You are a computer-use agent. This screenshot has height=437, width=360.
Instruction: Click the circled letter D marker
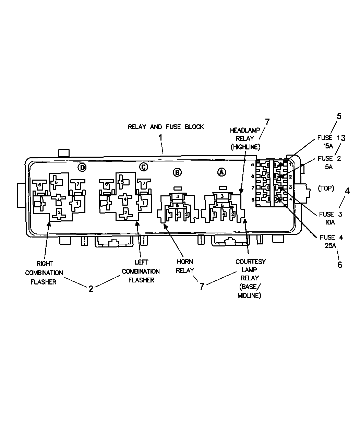coord(82,167)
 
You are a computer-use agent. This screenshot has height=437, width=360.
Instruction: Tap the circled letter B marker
coord(177,172)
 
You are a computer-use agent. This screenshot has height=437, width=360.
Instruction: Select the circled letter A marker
coord(222,172)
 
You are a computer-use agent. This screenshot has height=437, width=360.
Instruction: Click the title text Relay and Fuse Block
coord(166,127)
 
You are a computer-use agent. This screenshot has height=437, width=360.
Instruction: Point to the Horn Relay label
coord(185,266)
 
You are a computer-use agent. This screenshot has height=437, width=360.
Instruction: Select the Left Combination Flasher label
coord(141,271)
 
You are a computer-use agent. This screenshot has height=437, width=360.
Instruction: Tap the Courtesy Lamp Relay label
coord(250,278)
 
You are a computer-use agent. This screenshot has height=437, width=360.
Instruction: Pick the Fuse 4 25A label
coord(331,241)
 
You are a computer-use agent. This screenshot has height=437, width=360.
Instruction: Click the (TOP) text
coord(326,188)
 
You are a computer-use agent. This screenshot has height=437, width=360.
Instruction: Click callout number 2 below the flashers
coord(91,289)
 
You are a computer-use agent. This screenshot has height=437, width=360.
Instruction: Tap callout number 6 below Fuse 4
coord(339,264)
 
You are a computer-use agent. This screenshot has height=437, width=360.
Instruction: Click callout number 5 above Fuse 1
coord(339,116)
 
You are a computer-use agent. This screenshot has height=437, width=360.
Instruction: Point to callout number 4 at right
coord(347,191)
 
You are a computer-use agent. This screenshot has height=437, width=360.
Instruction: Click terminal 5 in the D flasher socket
coord(56,182)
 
